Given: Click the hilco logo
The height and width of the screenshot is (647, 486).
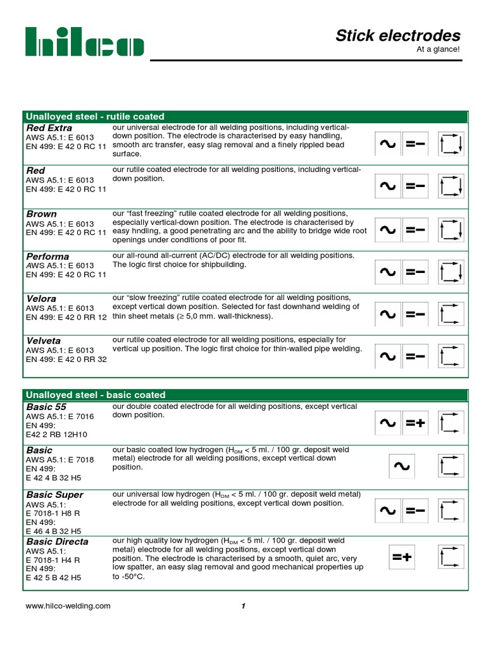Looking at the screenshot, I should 84,42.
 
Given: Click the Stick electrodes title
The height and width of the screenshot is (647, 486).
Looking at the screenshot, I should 397,35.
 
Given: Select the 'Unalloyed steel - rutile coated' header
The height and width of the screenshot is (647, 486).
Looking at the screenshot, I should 94,116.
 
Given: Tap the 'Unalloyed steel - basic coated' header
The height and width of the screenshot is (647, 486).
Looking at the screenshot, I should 95,395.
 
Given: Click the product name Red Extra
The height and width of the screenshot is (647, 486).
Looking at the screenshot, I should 49,128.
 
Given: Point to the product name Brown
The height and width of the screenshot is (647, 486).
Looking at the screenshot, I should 41,214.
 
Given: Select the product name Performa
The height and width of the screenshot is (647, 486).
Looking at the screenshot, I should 47,257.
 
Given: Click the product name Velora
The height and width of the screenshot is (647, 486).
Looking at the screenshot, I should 41,298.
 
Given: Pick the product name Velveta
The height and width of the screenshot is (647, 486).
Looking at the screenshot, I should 44,341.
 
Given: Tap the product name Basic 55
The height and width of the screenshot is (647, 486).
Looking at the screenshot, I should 46,407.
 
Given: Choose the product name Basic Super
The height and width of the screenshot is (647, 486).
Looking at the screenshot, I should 54,495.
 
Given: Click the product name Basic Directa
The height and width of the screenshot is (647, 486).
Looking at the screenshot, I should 57,541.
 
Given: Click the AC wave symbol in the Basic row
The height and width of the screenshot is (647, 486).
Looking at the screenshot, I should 401,467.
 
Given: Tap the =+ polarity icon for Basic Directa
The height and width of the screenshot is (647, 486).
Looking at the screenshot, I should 401,557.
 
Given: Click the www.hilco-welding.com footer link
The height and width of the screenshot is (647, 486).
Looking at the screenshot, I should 68,606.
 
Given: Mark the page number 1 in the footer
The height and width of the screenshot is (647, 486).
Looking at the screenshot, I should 243,607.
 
